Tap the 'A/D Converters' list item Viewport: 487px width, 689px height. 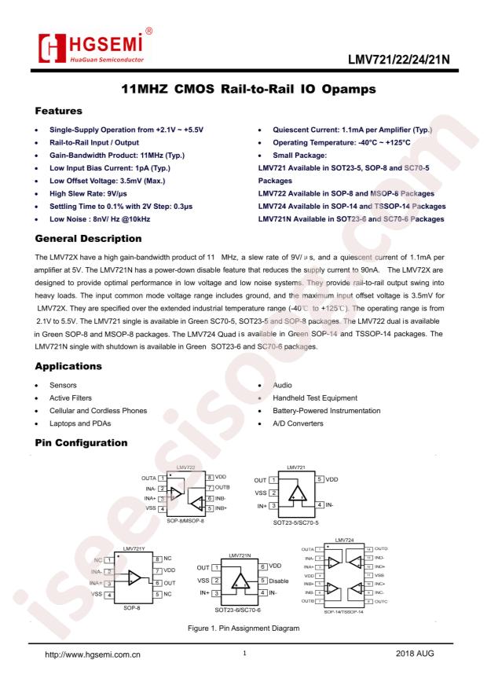click(298, 423)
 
